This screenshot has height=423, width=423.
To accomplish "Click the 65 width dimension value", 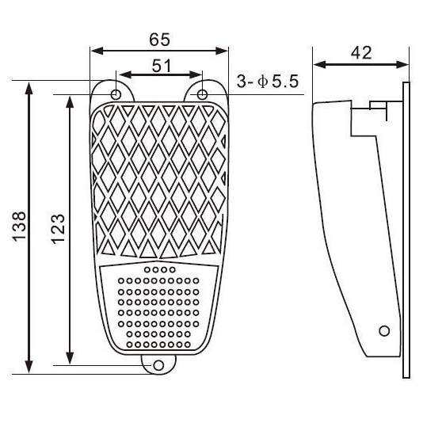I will (x=159, y=38).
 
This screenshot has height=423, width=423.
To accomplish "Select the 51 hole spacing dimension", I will (x=162, y=66).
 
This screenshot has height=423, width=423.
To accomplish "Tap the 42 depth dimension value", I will (x=361, y=52).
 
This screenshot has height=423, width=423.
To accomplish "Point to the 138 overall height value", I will (x=21, y=227).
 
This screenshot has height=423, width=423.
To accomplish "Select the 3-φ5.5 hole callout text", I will (x=269, y=82).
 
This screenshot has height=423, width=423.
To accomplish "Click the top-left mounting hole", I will (x=117, y=94).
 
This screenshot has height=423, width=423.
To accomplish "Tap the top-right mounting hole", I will (x=202, y=94).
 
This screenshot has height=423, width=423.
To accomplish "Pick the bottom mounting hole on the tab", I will (x=159, y=365).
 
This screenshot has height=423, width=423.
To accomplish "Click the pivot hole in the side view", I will (x=384, y=330).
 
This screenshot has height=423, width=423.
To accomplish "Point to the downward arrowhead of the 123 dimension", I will (x=70, y=358).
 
